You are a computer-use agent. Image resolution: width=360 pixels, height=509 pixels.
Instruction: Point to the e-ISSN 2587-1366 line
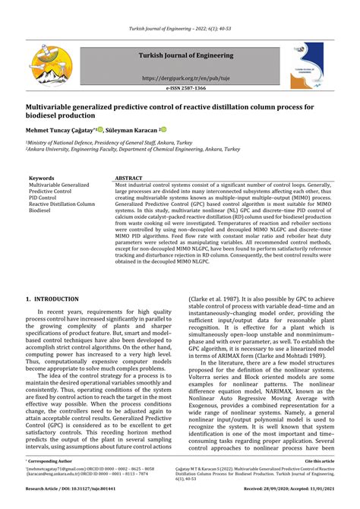179,89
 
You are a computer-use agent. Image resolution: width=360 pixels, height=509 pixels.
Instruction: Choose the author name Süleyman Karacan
131,130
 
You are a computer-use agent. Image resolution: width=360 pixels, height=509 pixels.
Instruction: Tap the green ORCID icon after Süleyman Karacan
163,130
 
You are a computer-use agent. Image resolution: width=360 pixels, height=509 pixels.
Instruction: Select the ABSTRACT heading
129,178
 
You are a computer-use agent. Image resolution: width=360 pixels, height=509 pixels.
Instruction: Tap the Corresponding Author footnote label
49,461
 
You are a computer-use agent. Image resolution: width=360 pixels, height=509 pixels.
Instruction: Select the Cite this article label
319,461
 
